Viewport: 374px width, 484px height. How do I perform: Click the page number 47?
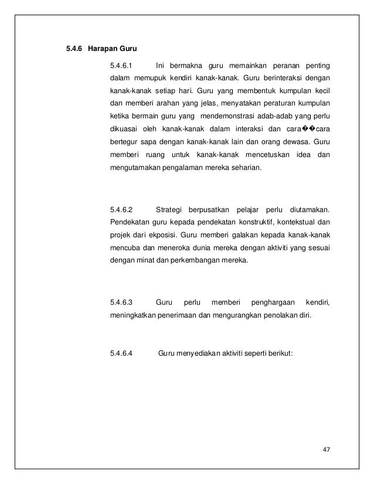[327, 449]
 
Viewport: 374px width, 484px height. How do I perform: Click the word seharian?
[246, 168]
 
